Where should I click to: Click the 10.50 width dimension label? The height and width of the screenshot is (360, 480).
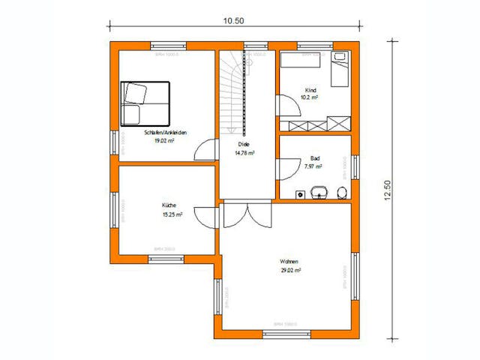[x=233, y=21]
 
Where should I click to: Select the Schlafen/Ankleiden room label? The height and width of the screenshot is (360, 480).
[x=165, y=133]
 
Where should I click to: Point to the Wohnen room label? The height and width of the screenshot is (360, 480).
[x=289, y=262]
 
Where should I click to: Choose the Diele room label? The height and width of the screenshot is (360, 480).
[x=244, y=144]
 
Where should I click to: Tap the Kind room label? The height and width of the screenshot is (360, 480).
[x=311, y=89]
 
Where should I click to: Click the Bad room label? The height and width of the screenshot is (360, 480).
[x=314, y=158]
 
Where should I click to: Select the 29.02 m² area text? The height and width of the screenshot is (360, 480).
[x=289, y=270]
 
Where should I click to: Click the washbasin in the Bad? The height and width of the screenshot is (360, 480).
[x=319, y=191]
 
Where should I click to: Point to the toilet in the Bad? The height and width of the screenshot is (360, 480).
[x=342, y=192]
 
